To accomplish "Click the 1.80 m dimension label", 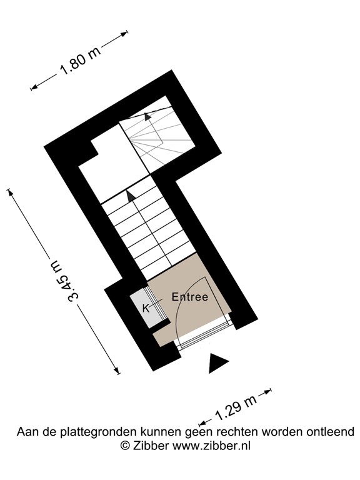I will click(80, 61).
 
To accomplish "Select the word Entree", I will click(189, 297).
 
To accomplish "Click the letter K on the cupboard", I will click(146, 307).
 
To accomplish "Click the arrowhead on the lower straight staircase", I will click(131, 196).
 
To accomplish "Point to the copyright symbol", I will click(124, 446).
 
